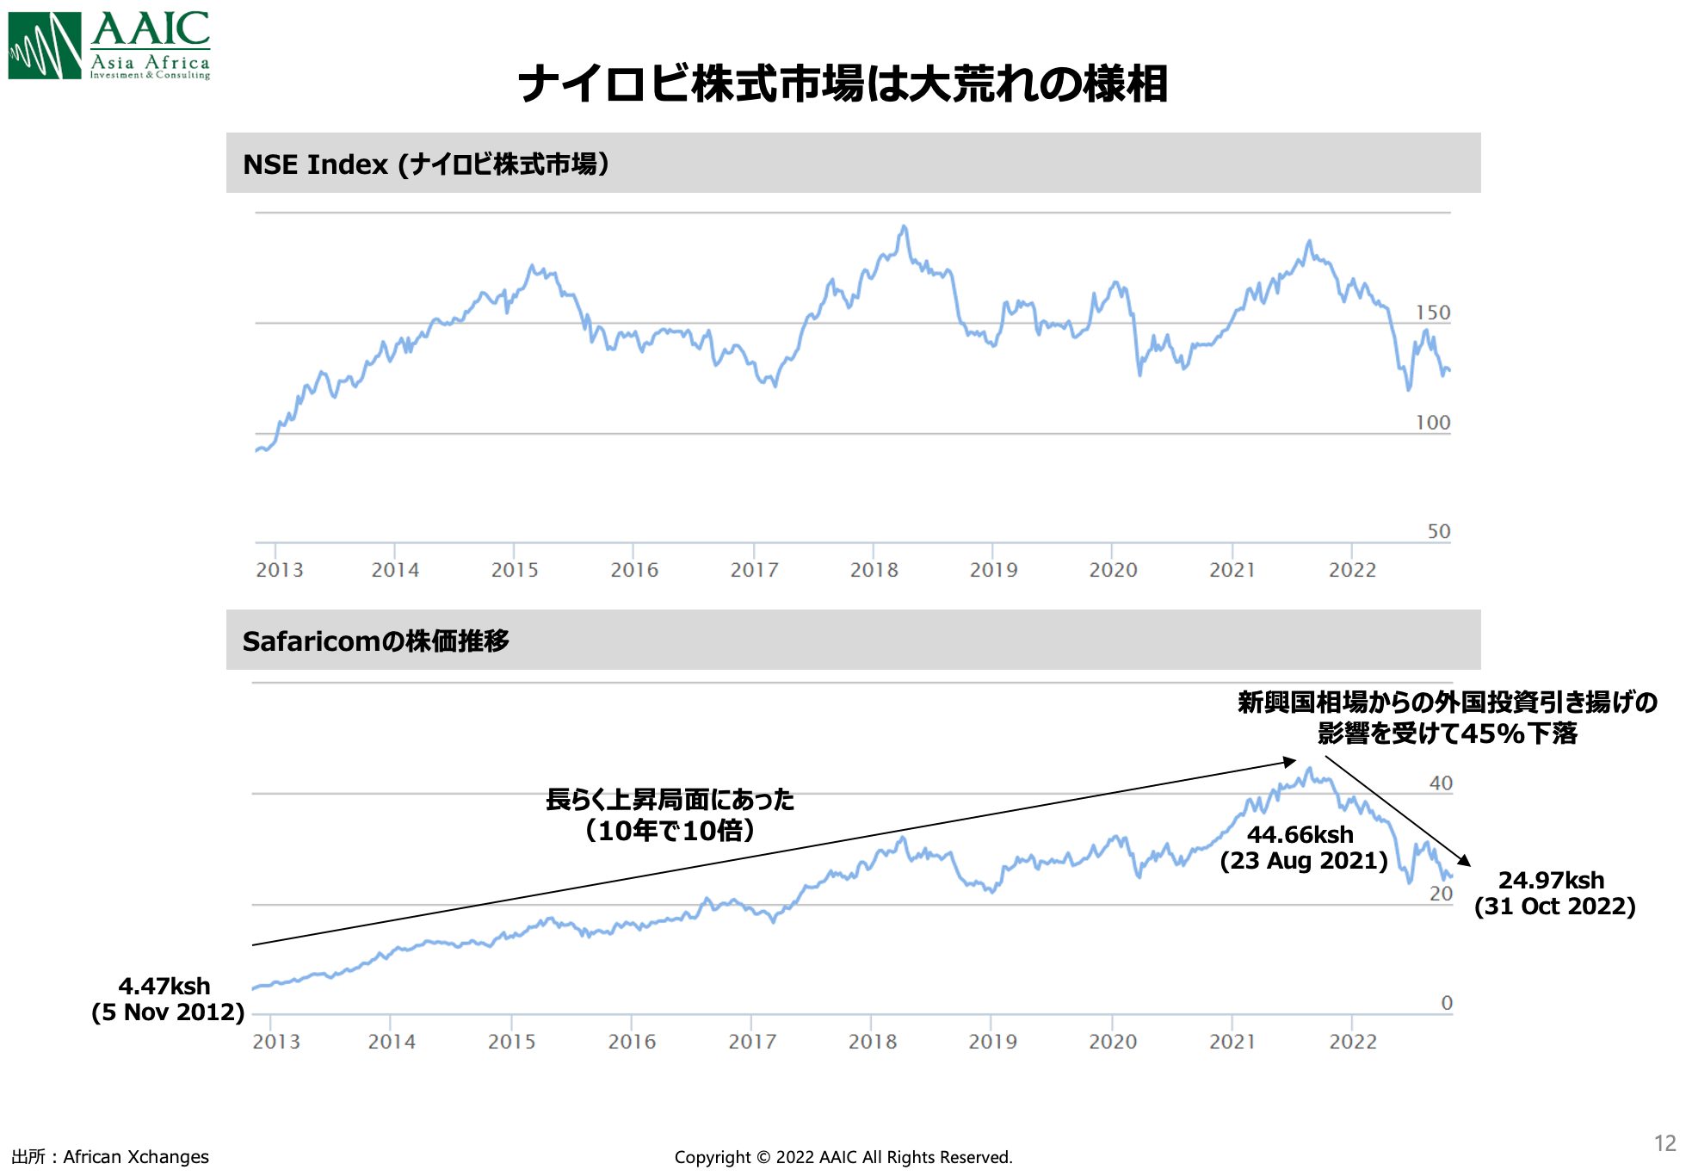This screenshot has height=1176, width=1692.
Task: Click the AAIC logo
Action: (109, 46)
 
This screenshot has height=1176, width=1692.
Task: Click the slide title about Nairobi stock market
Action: (843, 84)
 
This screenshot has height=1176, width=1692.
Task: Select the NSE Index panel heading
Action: (426, 164)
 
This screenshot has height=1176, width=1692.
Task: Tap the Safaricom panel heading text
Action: (375, 641)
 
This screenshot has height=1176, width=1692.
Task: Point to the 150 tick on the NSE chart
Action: (1433, 313)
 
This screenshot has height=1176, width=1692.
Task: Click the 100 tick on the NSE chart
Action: (1433, 423)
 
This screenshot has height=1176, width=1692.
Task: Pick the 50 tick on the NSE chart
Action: (1438, 531)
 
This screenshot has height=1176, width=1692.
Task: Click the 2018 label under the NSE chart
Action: (874, 570)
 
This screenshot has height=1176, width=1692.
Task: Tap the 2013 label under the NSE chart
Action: (279, 570)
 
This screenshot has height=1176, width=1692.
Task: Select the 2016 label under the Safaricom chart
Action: (632, 1042)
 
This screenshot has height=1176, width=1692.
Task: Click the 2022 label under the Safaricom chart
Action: (1352, 1042)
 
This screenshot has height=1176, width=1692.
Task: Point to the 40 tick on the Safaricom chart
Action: (1441, 783)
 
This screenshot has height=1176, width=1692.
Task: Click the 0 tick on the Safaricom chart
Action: (1447, 1003)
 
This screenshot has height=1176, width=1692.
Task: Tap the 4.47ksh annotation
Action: (164, 986)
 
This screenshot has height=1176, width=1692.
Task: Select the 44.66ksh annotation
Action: (1300, 834)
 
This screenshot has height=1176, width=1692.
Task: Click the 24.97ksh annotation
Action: (1551, 880)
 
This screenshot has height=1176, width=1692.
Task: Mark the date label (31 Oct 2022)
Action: (1554, 907)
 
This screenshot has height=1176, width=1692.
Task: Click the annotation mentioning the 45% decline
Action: (1447, 718)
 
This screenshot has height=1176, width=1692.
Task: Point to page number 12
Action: (1664, 1143)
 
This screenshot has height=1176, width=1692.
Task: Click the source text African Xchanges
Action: (135, 1157)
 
